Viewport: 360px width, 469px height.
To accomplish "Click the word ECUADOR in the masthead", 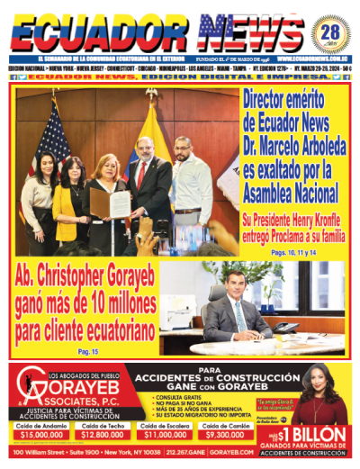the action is coord(99,33).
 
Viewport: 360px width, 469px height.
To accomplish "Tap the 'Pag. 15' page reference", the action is coord(87,350).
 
